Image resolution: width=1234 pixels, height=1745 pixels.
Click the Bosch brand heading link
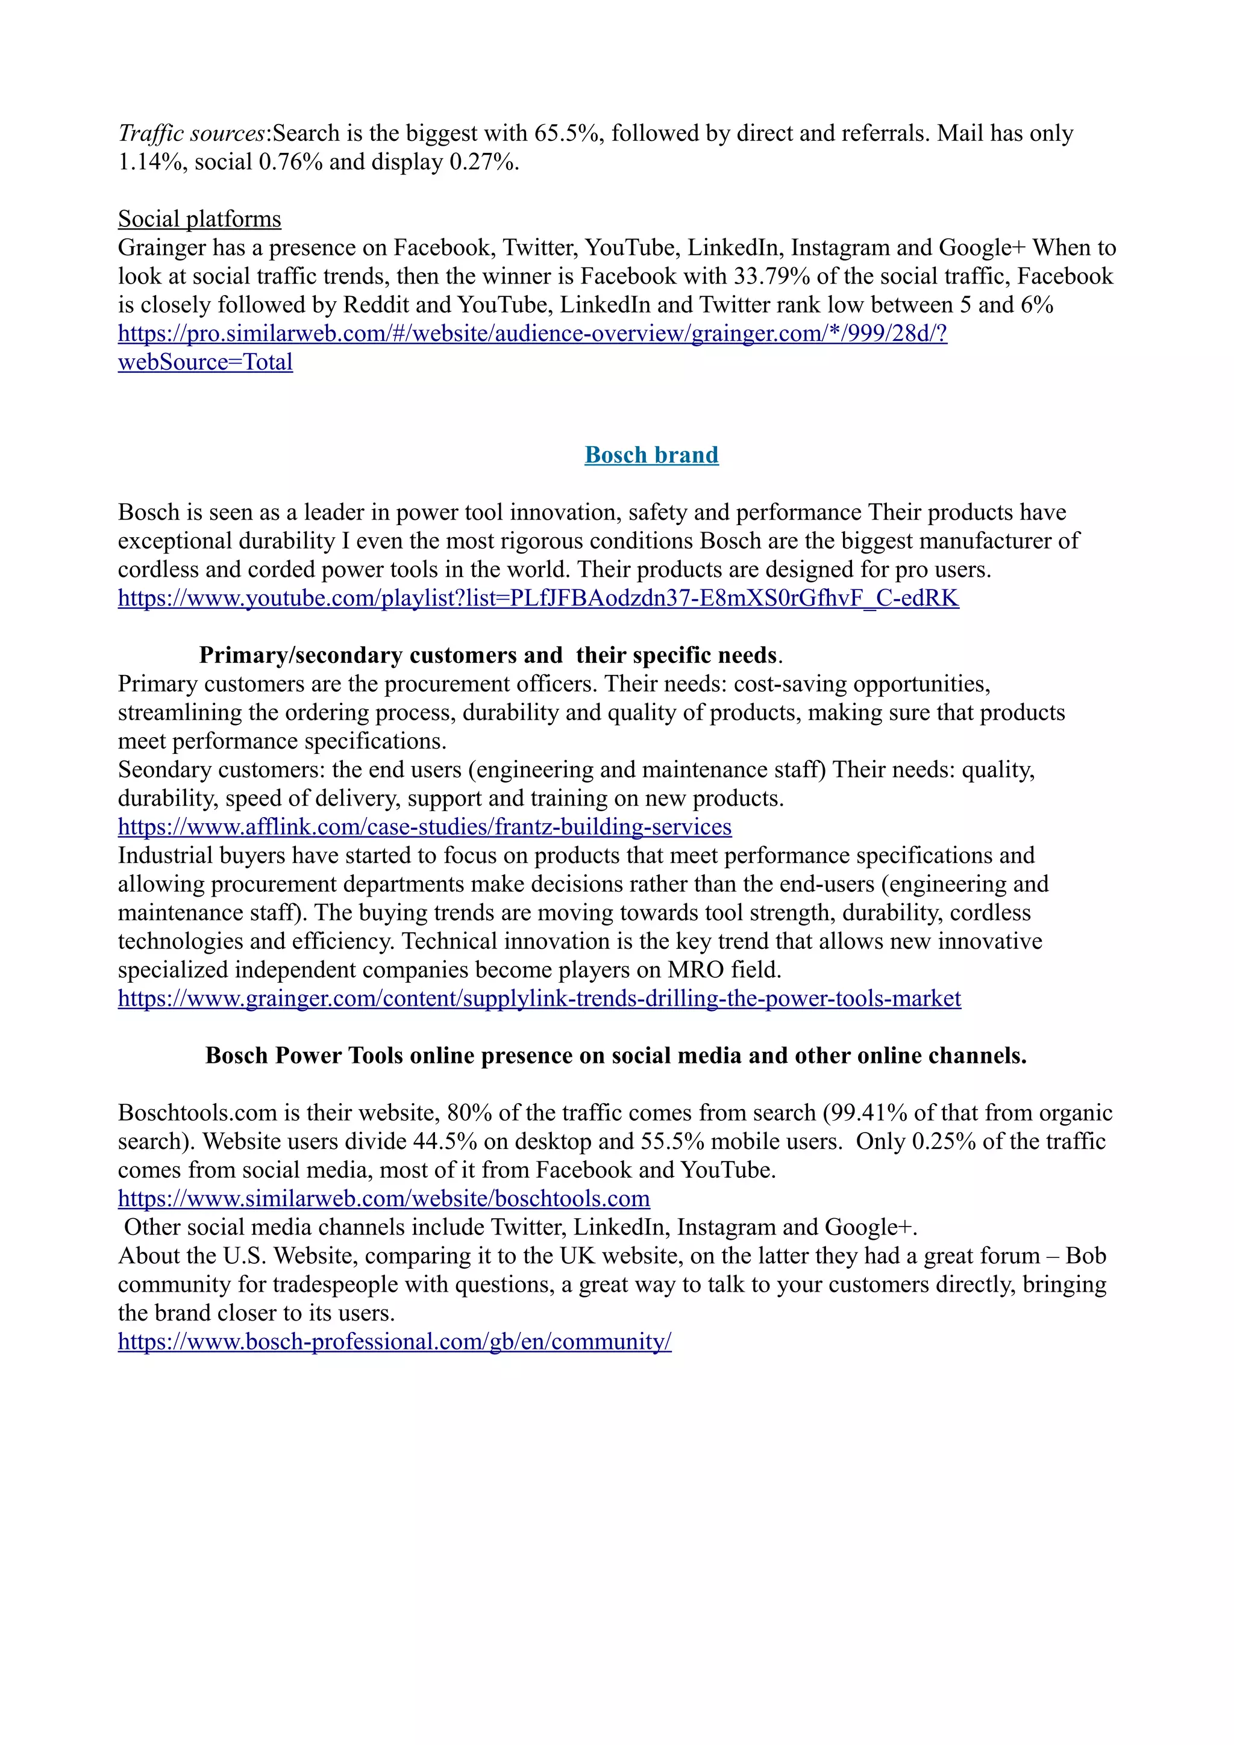(x=651, y=455)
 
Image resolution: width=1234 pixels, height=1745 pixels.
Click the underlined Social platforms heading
(x=199, y=219)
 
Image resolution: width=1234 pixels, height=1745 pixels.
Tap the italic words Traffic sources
(x=191, y=133)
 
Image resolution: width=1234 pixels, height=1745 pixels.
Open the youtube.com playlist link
(x=537, y=598)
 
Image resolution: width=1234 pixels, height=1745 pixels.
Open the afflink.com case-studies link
(x=424, y=827)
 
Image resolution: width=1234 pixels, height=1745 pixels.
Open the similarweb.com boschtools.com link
(x=384, y=1198)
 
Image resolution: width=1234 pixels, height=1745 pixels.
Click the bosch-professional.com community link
(x=395, y=1342)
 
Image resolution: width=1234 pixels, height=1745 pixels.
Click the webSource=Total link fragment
(x=205, y=362)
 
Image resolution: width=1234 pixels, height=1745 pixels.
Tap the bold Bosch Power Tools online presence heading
(x=616, y=1056)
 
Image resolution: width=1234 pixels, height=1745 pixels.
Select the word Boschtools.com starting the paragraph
(x=197, y=1113)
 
